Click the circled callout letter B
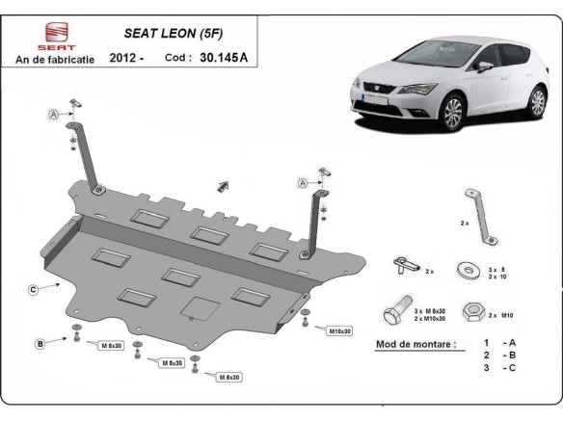coord(40,343)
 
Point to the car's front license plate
coord(367,97)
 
